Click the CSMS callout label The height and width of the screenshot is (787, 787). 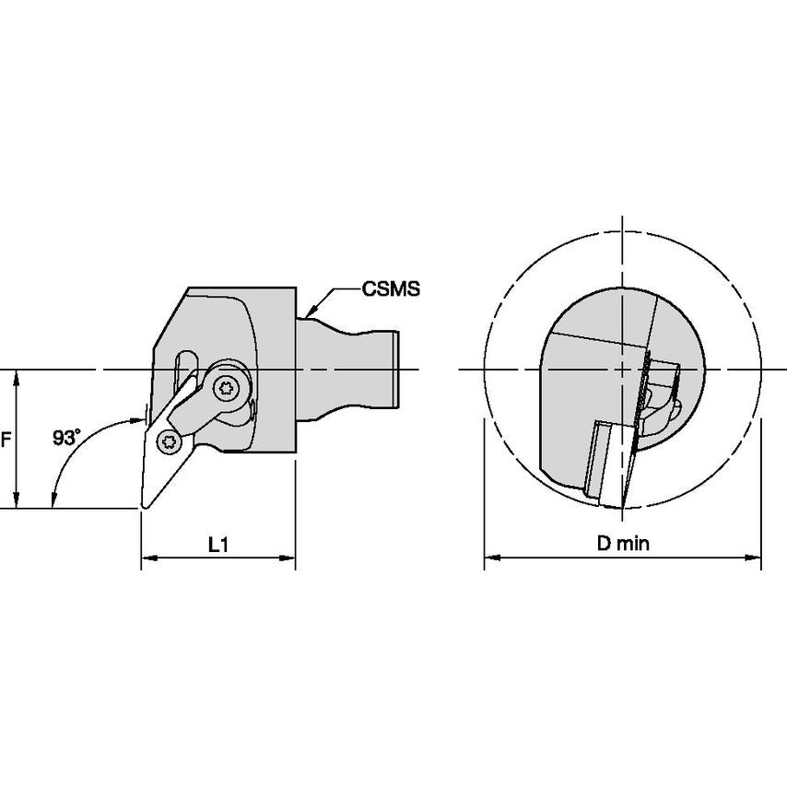391,289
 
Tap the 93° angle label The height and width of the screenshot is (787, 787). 66,438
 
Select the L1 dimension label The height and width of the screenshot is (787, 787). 217,544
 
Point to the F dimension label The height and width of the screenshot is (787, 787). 6,440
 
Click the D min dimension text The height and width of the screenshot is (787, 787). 623,543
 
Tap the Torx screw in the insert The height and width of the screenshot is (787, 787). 167,442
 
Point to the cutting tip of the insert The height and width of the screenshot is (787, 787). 144,507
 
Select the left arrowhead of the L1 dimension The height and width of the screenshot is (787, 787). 148,558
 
